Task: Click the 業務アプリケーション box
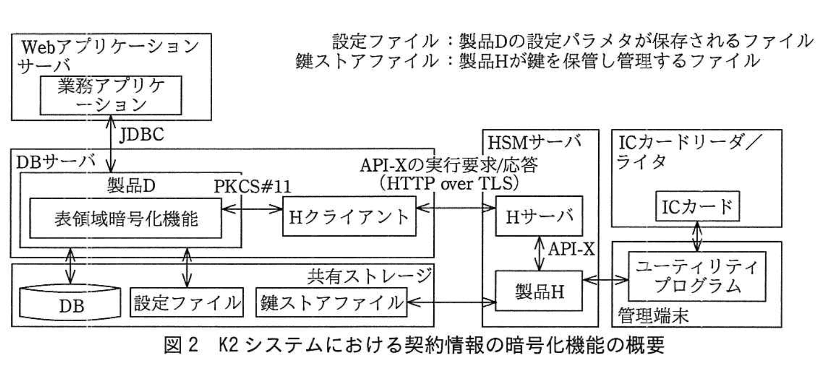[x=110, y=95]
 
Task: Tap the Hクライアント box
[x=349, y=216]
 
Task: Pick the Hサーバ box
[x=539, y=216]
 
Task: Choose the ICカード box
[x=697, y=207]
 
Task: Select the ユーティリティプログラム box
[x=697, y=277]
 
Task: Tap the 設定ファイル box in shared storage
[x=187, y=302]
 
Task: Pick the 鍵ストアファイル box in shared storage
[x=331, y=302]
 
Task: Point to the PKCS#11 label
[x=252, y=186]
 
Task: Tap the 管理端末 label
[x=653, y=315]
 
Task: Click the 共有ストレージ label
[x=370, y=276]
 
